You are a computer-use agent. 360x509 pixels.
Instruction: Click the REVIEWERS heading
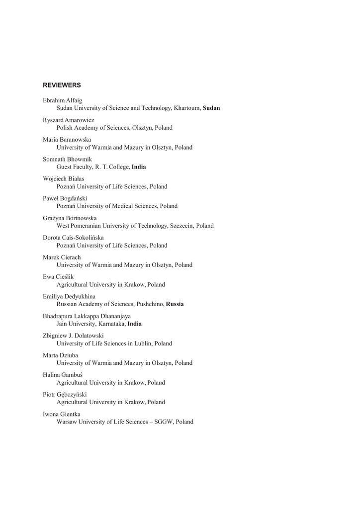coord(62,85)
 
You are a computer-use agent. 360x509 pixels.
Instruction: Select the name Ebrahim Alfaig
coord(63,100)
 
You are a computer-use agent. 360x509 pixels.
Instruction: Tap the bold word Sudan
coord(211,108)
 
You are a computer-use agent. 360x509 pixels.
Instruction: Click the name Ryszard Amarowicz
coord(68,120)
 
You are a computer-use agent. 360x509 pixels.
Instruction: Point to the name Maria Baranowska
coord(67,140)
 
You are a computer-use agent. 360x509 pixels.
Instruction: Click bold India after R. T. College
coord(139,167)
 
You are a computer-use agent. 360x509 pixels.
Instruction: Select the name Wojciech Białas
coord(63,179)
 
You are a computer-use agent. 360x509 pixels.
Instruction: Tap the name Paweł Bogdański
coord(65,198)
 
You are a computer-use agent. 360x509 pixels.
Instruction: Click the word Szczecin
coord(181,226)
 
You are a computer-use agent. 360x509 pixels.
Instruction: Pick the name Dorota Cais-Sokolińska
coord(73,238)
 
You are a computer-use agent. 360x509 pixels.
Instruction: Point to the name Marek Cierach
coord(62,257)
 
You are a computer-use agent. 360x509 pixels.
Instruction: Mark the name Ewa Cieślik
coord(58,277)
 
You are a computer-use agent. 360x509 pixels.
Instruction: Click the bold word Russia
coord(175,304)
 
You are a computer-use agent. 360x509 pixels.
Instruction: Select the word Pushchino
coord(149,304)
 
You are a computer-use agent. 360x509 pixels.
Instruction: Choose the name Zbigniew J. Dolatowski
coord(73,336)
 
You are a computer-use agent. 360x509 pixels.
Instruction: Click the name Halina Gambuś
coord(62,375)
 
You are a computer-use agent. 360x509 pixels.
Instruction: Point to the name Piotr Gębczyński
coord(65,395)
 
